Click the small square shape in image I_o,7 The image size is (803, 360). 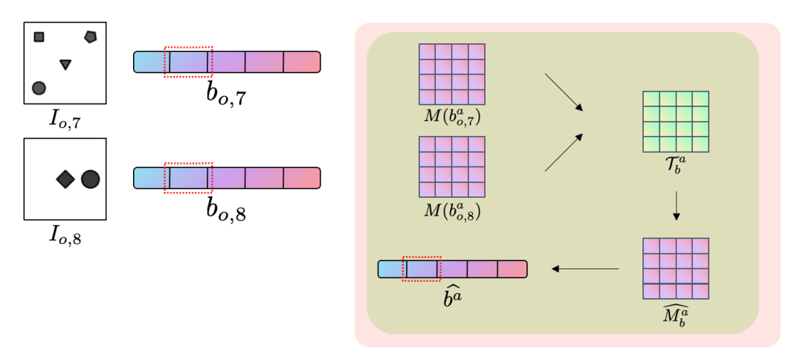[x=39, y=37]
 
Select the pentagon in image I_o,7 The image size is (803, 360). [x=90, y=36]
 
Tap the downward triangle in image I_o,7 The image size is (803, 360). [x=65, y=65]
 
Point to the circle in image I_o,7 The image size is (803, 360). [x=39, y=88]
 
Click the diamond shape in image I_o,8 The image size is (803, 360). [x=65, y=179]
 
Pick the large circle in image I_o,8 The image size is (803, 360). [x=90, y=179]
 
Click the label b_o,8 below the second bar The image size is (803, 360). [x=227, y=211]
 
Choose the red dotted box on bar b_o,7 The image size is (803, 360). [x=188, y=62]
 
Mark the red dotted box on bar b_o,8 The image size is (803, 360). [x=188, y=178]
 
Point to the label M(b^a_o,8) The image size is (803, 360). [x=452, y=213]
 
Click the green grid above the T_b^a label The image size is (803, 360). [x=676, y=121]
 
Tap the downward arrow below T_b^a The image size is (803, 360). [x=676, y=206]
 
